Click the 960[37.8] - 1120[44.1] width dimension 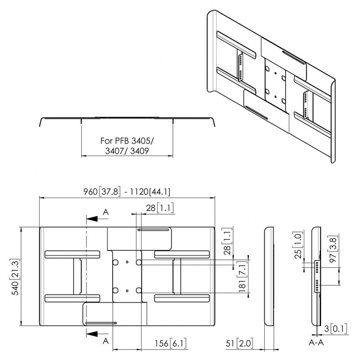pos(127,191)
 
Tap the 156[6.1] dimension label pos(169,343)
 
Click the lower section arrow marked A pos(97,334)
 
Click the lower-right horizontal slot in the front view pos(182,298)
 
